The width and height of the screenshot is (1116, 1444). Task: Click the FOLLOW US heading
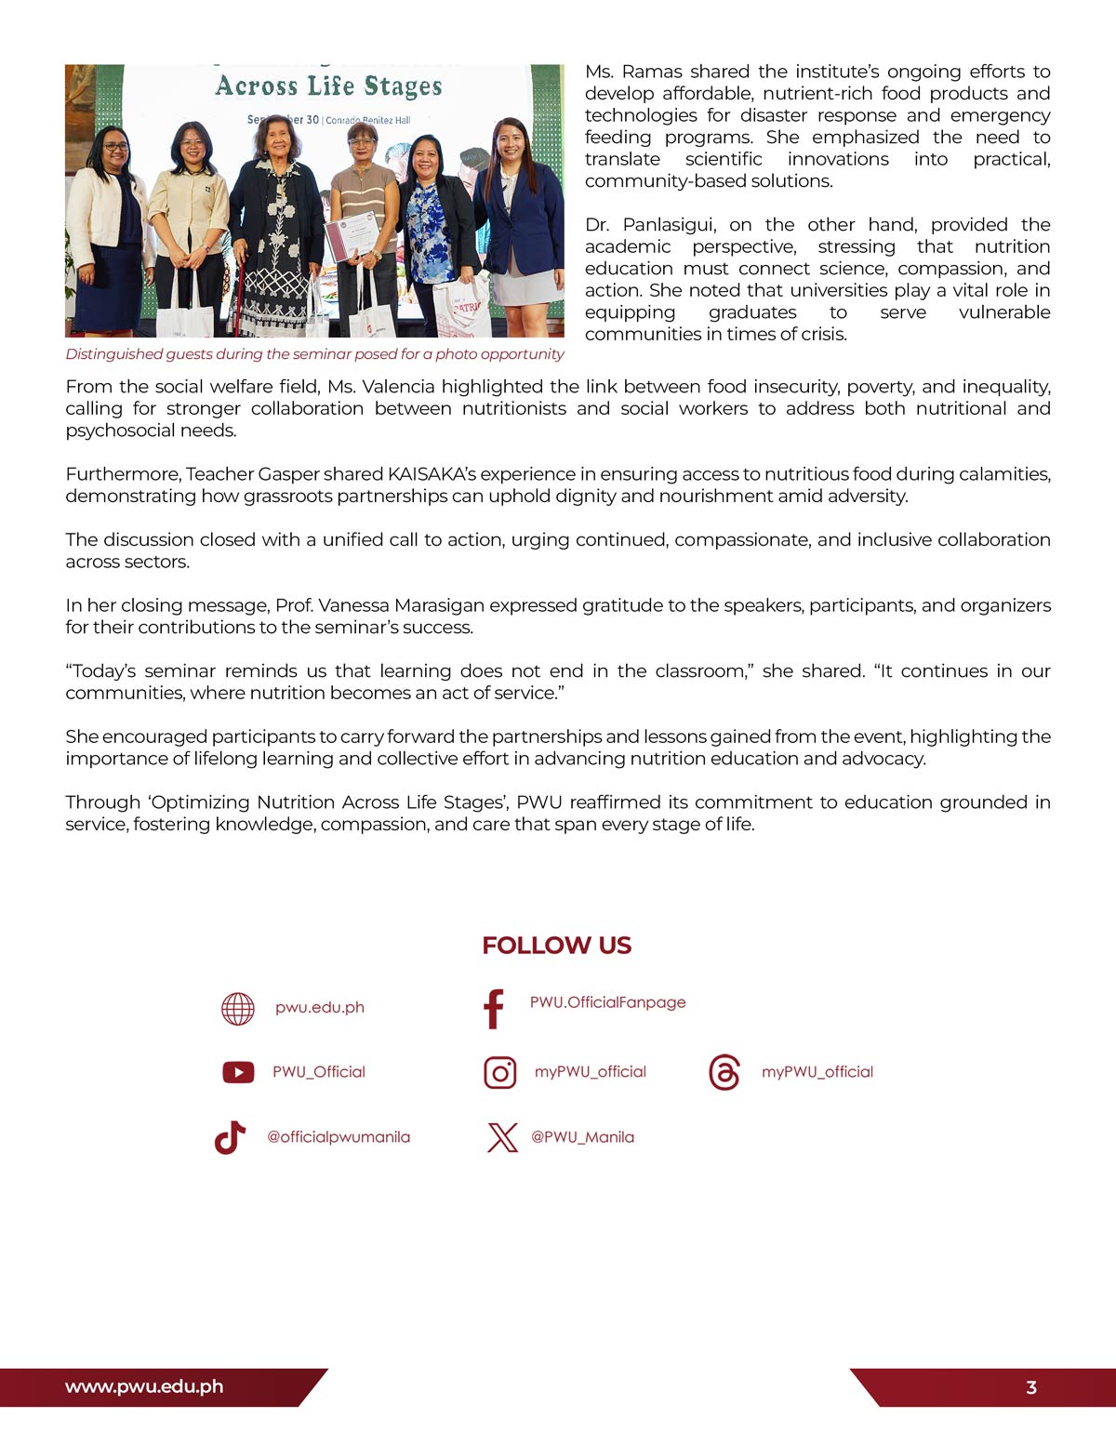(x=556, y=946)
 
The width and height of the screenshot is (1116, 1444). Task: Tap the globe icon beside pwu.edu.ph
(x=238, y=1008)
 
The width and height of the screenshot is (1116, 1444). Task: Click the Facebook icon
(x=494, y=1009)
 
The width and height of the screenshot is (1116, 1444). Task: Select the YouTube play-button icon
(x=238, y=1072)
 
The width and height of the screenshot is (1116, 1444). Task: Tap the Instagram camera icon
(x=500, y=1073)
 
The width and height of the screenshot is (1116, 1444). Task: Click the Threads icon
(x=724, y=1072)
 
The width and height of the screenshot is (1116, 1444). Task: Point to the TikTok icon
(x=230, y=1137)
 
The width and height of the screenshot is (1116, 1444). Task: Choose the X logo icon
(x=502, y=1137)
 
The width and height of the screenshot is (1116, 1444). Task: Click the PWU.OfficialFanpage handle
(x=607, y=1002)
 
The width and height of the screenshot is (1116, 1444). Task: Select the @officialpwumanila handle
(x=339, y=1137)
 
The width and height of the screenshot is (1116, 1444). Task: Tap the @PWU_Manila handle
(x=582, y=1137)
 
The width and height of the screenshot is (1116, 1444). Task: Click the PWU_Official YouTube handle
(x=318, y=1072)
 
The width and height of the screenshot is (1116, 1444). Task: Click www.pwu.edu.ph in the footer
(x=144, y=1386)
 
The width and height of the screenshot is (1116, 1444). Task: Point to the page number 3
(x=1030, y=1388)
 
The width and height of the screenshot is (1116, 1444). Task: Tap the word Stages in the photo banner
(x=402, y=86)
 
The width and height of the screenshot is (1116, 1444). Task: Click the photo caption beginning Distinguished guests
(x=314, y=354)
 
